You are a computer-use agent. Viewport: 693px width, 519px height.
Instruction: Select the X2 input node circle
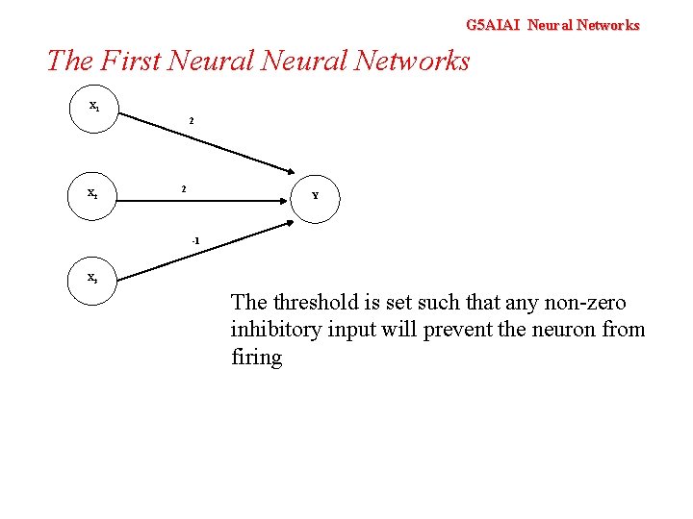click(94, 195)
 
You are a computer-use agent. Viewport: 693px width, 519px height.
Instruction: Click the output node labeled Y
click(315, 197)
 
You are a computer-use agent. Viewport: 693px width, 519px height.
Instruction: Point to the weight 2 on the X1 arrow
click(191, 121)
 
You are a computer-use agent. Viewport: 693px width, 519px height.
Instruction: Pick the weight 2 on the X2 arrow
click(185, 188)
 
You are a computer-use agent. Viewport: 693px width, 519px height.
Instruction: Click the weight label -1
click(195, 240)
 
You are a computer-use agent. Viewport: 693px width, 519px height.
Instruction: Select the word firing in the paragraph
click(256, 358)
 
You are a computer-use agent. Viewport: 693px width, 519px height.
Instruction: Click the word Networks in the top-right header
click(608, 25)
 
